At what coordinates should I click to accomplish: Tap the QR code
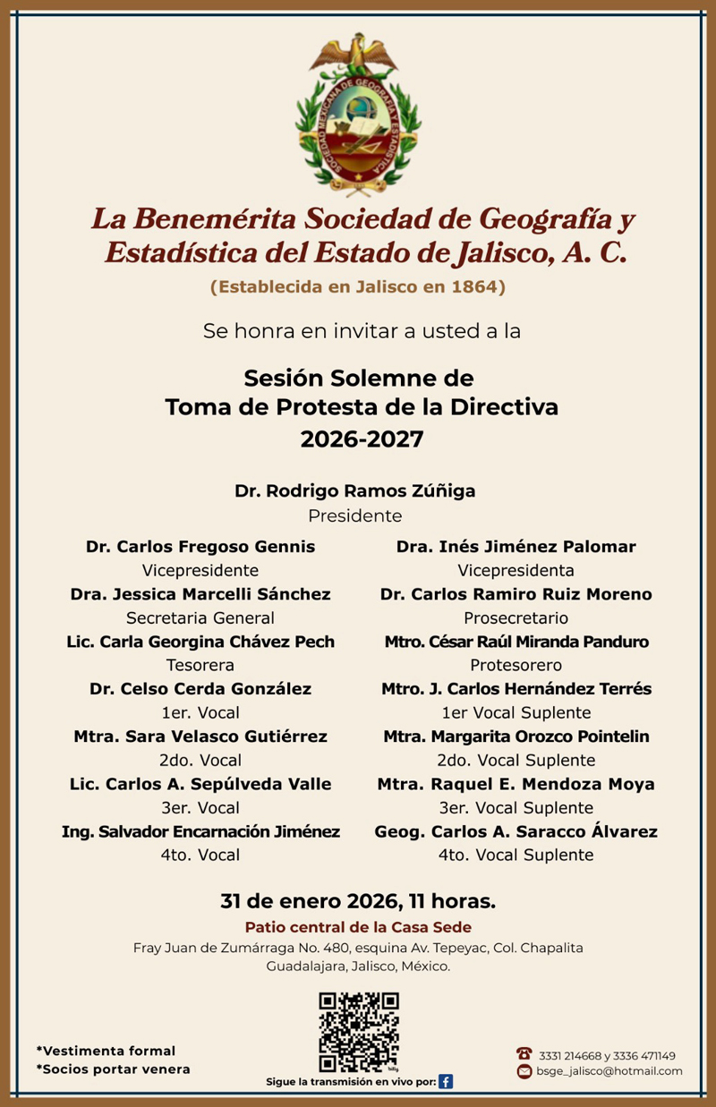pos(359,1032)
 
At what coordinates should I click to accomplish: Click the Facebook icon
pos(446,1081)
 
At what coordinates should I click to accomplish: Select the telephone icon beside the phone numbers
pos(524,1055)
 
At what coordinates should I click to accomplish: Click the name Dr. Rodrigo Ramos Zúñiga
pos(355,491)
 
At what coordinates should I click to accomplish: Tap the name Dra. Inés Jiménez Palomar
pos(516,547)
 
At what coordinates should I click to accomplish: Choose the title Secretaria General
pos(200,617)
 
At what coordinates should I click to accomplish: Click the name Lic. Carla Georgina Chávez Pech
pos(200,642)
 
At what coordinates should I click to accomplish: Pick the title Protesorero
pos(516,665)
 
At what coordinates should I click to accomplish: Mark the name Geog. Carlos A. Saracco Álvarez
pos(516,831)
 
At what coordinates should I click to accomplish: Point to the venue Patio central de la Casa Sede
pos(358,927)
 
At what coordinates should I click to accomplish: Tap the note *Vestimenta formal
pos(106,1051)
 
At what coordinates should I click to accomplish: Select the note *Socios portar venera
pos(113,1069)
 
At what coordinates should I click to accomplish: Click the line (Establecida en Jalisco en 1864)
pos(358,287)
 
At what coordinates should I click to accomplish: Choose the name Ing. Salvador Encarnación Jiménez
pos(200,831)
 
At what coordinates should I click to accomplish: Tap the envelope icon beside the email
pos(524,1071)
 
